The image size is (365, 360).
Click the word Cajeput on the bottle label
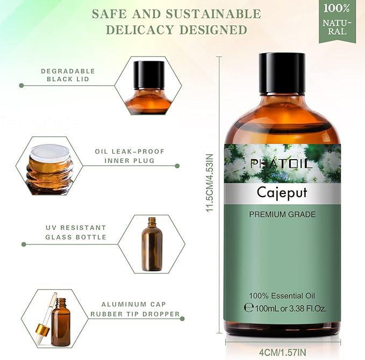[x=282, y=192]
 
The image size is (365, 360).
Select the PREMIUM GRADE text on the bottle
[x=282, y=214]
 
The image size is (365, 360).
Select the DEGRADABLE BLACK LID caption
[x=68, y=75]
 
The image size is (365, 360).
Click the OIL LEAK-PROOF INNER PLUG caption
[x=124, y=156]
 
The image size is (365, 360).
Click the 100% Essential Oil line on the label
[x=282, y=296]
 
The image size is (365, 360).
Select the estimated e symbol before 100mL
[x=248, y=308]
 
